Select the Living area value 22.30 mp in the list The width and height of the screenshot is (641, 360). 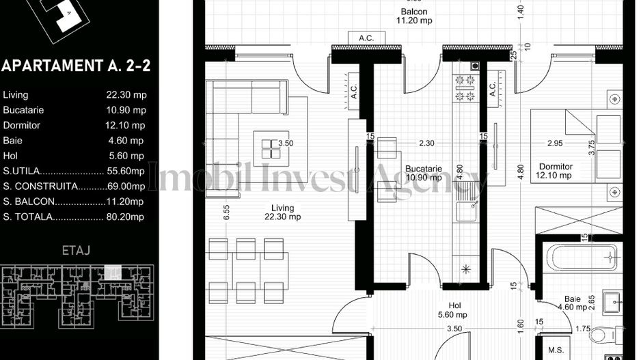pos(126,95)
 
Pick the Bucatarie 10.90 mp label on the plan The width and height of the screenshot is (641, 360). pos(423,173)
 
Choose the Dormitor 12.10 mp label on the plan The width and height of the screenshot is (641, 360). pos(555,171)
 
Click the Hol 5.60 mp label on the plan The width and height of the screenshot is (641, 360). pos(452,310)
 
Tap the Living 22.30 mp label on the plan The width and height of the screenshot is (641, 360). pos(282,212)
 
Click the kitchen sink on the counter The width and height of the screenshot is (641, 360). pos(466,205)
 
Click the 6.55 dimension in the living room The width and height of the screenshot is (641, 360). pos(226,212)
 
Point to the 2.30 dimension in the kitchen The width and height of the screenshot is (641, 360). pos(427,143)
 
